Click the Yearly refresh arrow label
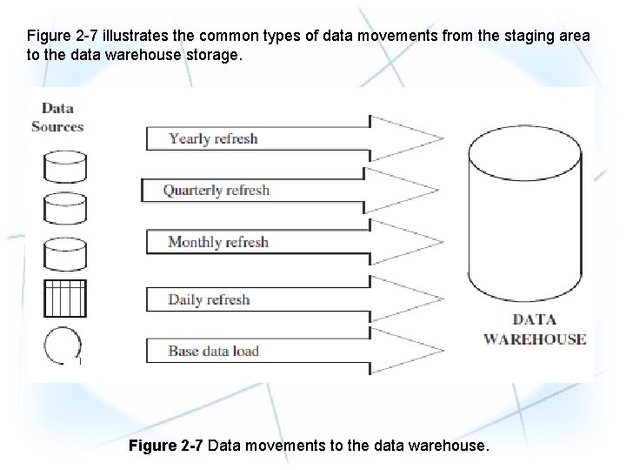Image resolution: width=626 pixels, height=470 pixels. (x=213, y=138)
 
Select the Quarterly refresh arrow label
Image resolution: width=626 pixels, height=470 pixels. (x=216, y=190)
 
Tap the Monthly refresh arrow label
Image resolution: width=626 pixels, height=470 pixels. (x=217, y=242)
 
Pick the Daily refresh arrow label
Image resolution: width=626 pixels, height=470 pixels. (x=209, y=299)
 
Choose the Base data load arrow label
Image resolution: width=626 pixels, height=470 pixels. (x=213, y=352)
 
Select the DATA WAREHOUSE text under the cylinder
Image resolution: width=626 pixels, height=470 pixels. (x=535, y=330)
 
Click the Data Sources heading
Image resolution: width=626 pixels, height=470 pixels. (x=57, y=117)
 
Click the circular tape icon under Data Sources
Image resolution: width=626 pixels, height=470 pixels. (x=62, y=346)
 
